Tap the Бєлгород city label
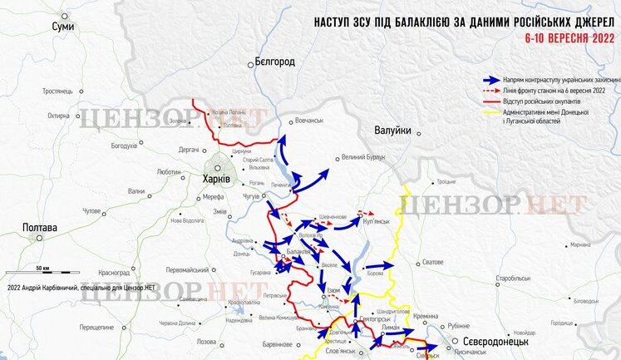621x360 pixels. pyautogui.click(x=274, y=62)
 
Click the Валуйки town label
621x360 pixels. pyautogui.click(x=392, y=129)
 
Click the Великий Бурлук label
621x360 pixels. pyautogui.click(x=366, y=156)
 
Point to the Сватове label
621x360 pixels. pyautogui.click(x=432, y=262)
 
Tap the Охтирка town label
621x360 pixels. pyautogui.click(x=58, y=116)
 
